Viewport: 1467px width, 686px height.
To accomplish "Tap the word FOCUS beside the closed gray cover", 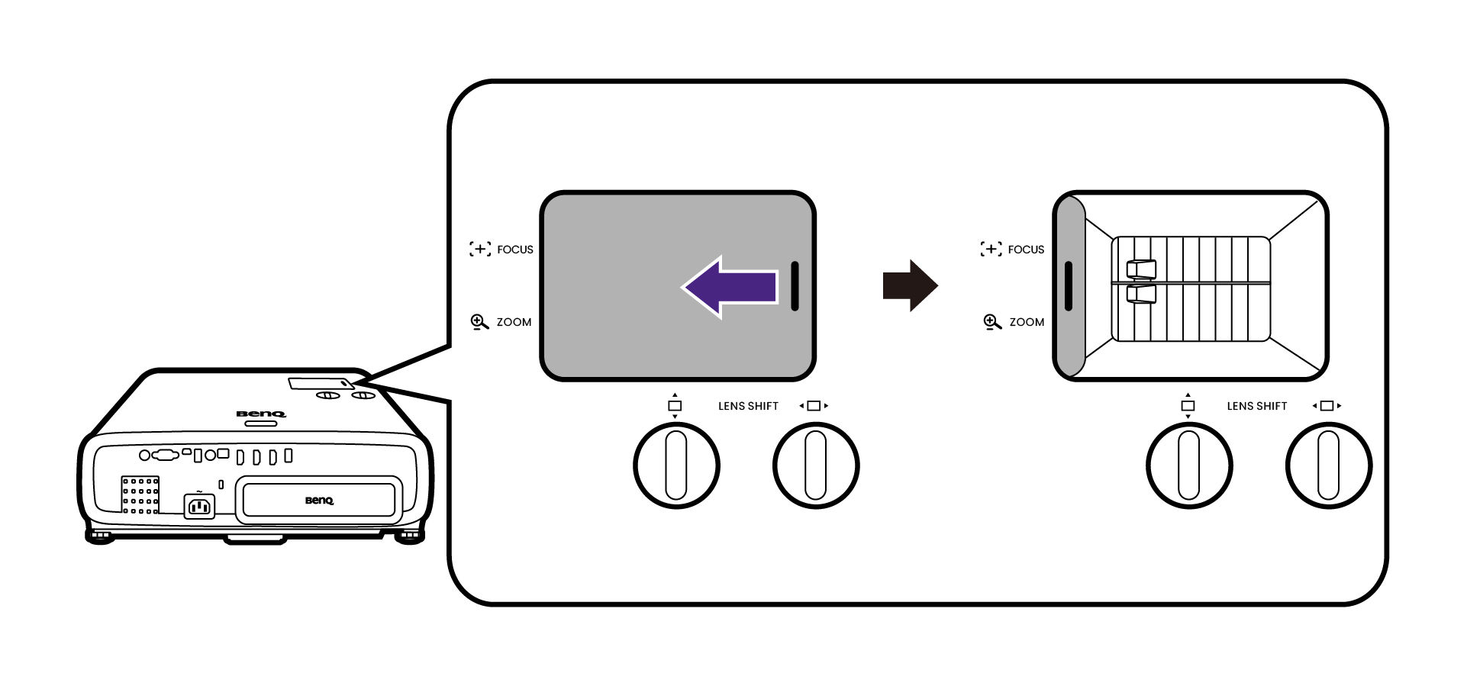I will tap(514, 250).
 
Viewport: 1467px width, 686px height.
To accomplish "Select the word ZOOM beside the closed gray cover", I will tap(514, 322).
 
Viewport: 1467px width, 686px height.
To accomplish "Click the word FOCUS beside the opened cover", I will tap(1026, 250).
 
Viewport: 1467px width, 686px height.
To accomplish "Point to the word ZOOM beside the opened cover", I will tap(1027, 322).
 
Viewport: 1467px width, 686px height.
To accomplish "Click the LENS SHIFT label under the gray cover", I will tap(748, 406).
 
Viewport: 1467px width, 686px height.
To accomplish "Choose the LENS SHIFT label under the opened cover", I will tap(1257, 406).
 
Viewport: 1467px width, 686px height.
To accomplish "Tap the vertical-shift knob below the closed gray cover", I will tap(676, 465).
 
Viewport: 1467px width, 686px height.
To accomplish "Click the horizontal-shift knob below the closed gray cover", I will tap(816, 465).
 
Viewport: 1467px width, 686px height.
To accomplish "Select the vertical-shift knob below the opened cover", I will tap(1189, 465).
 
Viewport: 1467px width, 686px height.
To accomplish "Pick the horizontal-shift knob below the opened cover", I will tap(1329, 465).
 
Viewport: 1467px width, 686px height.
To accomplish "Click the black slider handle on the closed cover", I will tap(795, 286).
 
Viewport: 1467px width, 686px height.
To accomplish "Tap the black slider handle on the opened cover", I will tap(1068, 286).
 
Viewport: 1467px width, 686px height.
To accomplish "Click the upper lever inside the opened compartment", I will tap(1141, 269).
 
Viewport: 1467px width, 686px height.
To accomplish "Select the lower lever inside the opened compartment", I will tap(1141, 295).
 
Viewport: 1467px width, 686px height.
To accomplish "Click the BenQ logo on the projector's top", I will tap(261, 414).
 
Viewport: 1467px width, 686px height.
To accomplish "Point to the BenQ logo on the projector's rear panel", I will tap(319, 501).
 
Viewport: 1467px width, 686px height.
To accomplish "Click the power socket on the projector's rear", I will tap(199, 506).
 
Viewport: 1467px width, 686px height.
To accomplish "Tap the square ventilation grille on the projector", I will tap(140, 494).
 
